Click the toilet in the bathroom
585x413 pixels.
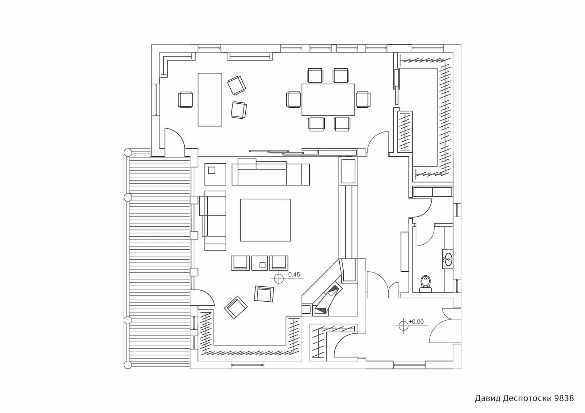click(426, 284)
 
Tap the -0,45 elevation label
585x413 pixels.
click(293, 275)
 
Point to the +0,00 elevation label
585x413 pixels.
click(416, 322)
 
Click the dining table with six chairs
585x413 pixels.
click(328, 100)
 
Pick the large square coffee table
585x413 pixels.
click(265, 220)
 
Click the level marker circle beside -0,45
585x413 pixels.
click(279, 279)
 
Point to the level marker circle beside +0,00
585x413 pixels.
click(404, 326)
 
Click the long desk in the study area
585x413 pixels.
click(210, 100)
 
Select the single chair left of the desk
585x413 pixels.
click(185, 99)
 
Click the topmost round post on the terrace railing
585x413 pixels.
click(128, 152)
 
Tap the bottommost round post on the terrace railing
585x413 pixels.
click(128, 365)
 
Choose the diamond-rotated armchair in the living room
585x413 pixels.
click(236, 307)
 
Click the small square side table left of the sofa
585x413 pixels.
click(215, 174)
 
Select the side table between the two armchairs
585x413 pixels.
click(260, 263)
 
